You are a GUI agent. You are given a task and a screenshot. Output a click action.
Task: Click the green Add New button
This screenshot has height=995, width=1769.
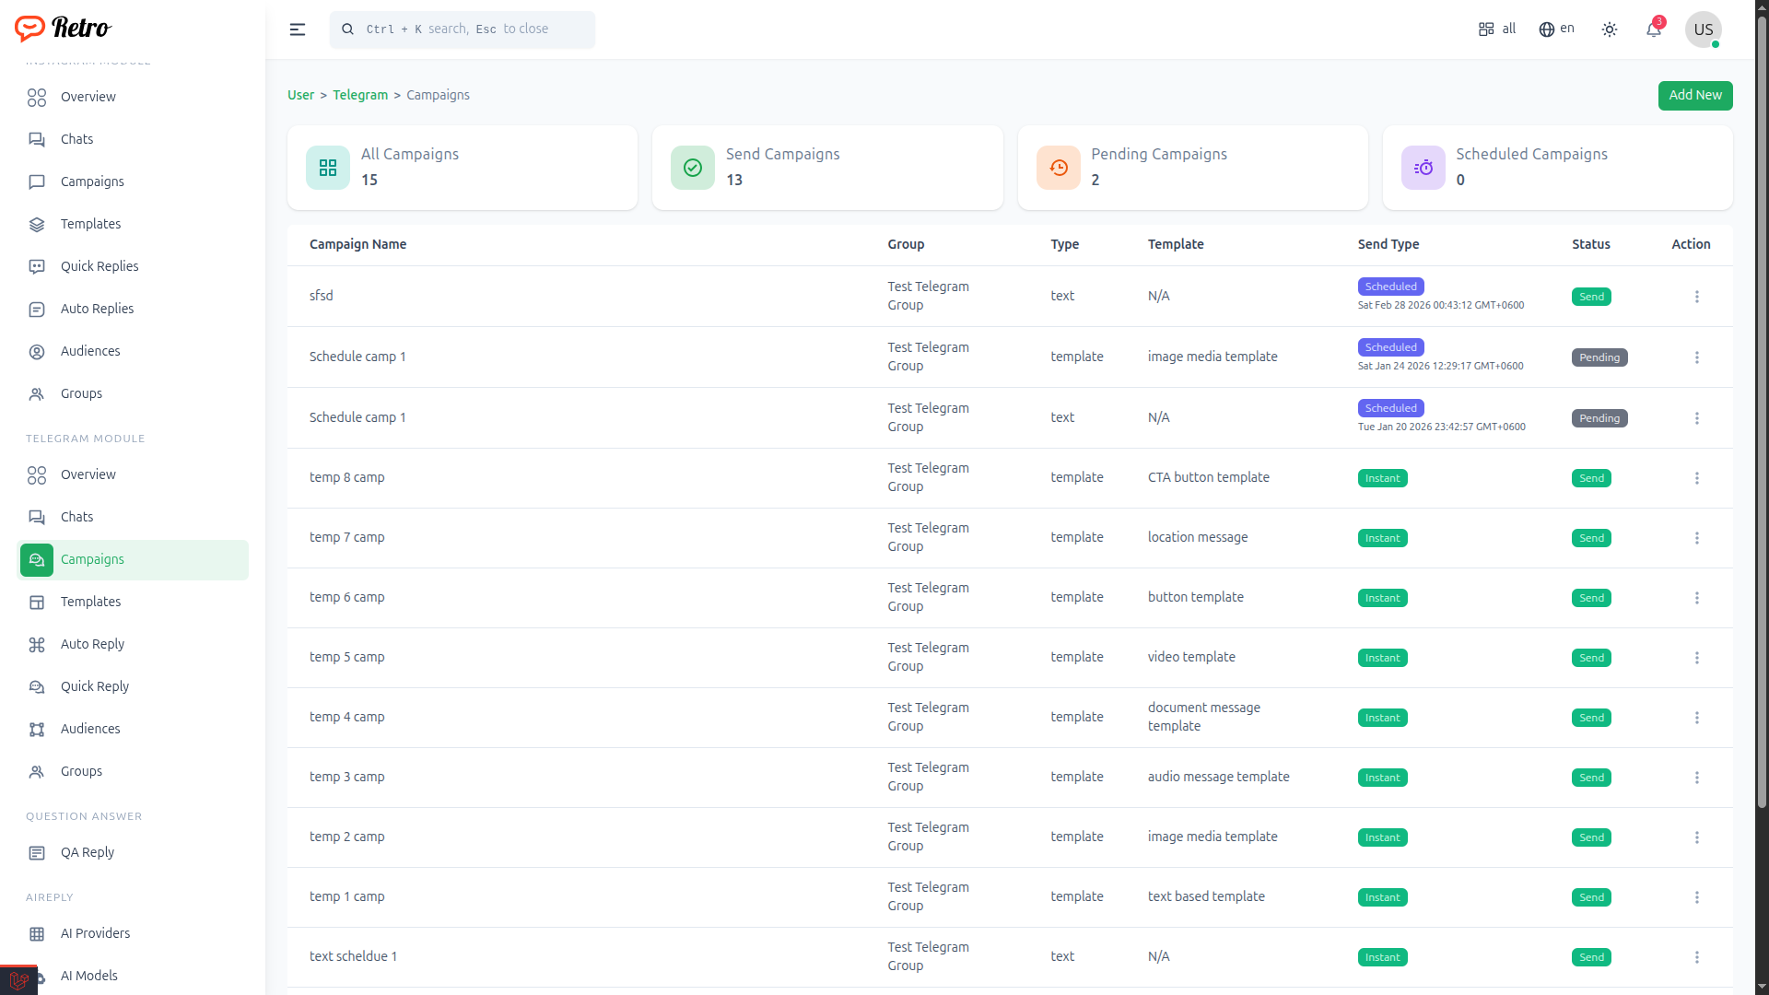[1694, 95]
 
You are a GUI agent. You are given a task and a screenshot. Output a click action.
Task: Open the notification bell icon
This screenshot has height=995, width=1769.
[1654, 29]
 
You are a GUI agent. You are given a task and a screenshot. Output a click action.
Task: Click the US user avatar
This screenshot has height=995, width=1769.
[1703, 29]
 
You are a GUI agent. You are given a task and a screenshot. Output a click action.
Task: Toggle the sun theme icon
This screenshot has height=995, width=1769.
[1610, 29]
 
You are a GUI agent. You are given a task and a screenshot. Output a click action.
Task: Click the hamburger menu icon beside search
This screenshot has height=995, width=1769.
[298, 29]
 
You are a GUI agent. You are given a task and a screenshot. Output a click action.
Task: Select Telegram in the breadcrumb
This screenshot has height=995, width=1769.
[360, 95]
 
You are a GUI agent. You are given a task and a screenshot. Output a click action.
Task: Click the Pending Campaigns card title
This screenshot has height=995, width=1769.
[1159, 154]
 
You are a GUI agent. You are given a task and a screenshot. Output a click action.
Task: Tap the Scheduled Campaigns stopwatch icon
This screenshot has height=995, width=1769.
[1423, 168]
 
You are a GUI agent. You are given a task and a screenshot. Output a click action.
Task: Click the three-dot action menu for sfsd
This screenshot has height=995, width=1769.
[1696, 297]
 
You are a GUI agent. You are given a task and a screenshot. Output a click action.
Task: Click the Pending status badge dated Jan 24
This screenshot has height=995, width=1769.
[1599, 357]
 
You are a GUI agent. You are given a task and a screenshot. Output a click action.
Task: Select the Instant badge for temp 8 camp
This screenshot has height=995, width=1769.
[1382, 478]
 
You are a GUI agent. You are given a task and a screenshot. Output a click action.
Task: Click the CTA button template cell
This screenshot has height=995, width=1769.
[1209, 477]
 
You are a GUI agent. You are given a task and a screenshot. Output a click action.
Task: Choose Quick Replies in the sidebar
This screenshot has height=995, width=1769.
[100, 266]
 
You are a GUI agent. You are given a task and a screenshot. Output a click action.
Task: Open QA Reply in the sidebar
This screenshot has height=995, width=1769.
[88, 852]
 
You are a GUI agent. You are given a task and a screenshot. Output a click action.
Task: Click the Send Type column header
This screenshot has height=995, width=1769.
[1388, 244]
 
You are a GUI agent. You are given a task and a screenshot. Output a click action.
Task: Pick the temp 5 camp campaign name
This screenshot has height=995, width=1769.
[347, 657]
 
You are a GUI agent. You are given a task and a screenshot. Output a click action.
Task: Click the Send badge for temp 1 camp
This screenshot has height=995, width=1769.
[1591, 897]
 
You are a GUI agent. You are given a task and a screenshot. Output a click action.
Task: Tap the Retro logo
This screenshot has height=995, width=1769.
[63, 29]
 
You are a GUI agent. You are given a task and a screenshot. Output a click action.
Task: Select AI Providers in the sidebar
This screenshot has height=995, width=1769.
[95, 933]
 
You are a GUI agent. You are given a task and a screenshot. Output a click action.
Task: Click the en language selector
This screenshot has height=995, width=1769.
[1556, 29]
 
